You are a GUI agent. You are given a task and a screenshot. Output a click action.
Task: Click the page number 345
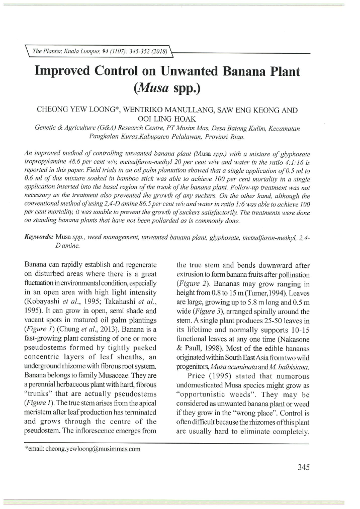point(303,467)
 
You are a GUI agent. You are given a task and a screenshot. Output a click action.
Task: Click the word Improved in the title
point(62,72)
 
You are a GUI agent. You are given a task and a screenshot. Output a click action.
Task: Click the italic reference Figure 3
point(207,312)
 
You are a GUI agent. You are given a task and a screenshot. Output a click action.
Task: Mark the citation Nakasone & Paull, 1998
point(243,344)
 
